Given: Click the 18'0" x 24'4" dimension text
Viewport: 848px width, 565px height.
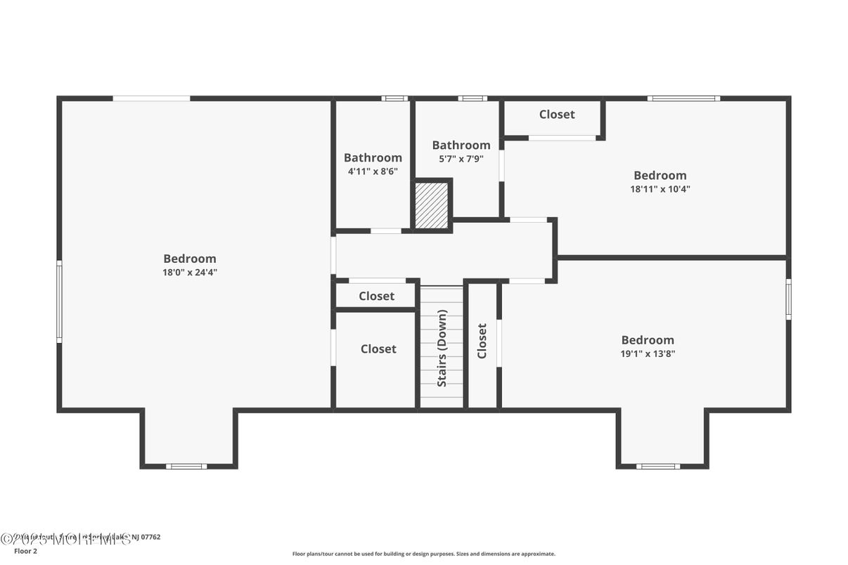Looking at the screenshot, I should point(190,273).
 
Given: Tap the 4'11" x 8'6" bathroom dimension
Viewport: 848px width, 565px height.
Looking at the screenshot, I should point(373,171).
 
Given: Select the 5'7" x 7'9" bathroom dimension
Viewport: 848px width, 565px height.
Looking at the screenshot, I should point(461,159).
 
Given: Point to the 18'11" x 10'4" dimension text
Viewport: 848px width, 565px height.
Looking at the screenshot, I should point(660,189).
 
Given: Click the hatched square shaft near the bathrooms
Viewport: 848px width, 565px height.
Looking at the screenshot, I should point(431,204).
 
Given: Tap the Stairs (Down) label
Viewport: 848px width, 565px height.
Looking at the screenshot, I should point(442,348).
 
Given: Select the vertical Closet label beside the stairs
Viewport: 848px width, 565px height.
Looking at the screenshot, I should point(482,341).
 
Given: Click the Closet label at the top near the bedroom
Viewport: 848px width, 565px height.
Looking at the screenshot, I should point(557,115).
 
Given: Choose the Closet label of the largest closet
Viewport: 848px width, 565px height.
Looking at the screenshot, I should point(378,349).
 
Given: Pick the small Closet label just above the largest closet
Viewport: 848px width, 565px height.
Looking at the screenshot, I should point(376,297).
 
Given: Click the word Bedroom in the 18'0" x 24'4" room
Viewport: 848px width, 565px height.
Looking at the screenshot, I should point(190,259).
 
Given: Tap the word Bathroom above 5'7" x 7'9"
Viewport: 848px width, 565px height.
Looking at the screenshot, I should point(461,145).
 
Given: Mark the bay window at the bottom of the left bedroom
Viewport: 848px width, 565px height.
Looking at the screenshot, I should point(187,466).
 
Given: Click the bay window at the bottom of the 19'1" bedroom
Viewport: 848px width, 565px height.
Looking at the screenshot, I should point(658,466).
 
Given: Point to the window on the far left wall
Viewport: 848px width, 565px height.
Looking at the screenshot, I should point(59,301).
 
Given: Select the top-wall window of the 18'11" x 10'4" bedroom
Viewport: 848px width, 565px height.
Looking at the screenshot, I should point(683,98).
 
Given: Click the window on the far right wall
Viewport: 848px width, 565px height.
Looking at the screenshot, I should point(788,299).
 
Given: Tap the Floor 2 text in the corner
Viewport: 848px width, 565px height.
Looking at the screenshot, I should point(25,552).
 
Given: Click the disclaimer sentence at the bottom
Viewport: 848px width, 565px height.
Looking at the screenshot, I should point(423,554).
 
